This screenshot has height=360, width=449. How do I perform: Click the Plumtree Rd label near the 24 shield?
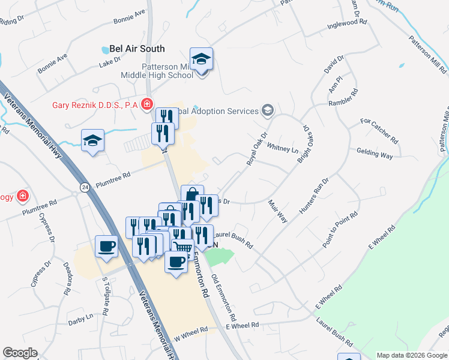110,178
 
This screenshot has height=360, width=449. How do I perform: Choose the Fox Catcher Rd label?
379,130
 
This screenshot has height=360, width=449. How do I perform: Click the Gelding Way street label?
375,154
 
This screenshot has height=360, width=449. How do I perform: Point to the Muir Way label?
278,211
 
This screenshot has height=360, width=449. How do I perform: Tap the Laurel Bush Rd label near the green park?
232,240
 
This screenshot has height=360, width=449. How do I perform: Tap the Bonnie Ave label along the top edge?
129,16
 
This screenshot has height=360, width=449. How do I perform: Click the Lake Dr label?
109,62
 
